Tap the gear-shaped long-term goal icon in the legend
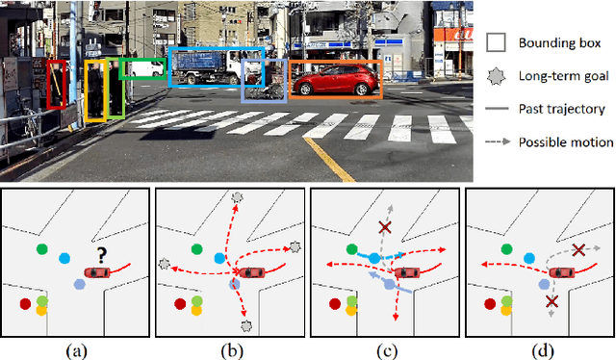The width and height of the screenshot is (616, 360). [498, 76]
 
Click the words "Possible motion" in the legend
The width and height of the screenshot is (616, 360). [566, 142]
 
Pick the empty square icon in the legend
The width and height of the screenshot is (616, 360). [498, 43]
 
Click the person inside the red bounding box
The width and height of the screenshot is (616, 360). [57, 85]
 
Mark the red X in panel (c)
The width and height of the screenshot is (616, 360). [384, 227]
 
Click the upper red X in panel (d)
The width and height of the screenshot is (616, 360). [578, 250]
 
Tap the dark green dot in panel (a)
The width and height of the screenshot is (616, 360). [42, 249]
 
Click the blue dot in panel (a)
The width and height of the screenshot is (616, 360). [64, 258]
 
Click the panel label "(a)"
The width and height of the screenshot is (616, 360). [75, 350]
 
